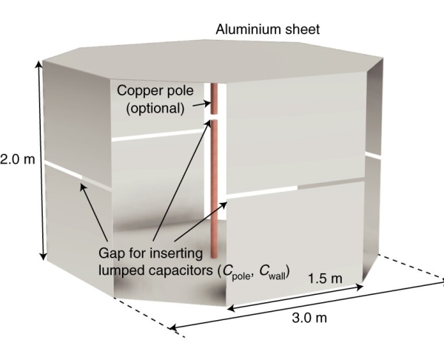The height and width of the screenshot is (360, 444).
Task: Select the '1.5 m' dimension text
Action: pyautogui.click(x=326, y=278)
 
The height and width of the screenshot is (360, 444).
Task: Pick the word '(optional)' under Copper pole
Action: pyautogui.click(x=155, y=108)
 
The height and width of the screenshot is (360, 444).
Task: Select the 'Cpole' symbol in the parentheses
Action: pyautogui.click(x=235, y=271)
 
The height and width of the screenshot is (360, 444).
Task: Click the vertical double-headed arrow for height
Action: pyautogui.click(x=41, y=159)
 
